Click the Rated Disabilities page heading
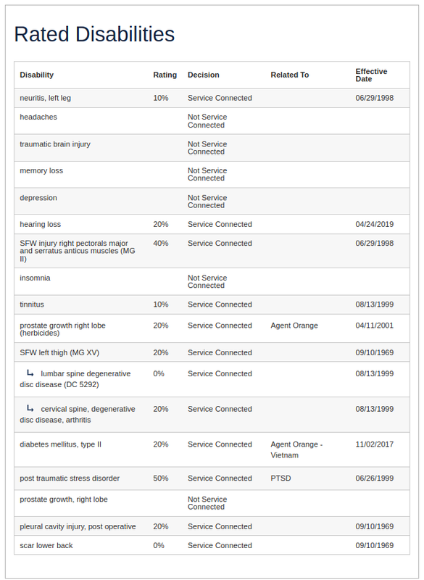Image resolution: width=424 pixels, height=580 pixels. click(x=94, y=34)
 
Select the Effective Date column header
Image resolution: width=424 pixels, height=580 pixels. click(x=371, y=75)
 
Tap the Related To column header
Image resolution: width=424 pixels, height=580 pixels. click(x=290, y=75)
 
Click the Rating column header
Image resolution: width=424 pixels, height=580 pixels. click(x=165, y=75)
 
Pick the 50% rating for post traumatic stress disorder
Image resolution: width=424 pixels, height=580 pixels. click(x=160, y=478)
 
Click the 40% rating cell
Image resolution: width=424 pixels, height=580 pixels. click(x=160, y=244)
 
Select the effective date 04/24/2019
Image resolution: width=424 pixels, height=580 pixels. click(x=374, y=225)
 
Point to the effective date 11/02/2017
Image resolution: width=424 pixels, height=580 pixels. click(x=374, y=444)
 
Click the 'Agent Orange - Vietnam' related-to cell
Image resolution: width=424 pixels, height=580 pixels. click(x=296, y=449)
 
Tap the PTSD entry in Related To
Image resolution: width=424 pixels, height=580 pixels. click(x=280, y=478)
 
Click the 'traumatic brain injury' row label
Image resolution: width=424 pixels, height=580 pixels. click(x=55, y=144)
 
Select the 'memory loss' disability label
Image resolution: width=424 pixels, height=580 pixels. click(x=41, y=171)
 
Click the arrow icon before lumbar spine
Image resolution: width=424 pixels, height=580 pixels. click(x=30, y=373)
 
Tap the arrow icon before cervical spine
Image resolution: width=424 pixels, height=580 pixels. click(x=30, y=409)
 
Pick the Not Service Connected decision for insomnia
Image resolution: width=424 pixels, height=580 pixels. click(x=207, y=281)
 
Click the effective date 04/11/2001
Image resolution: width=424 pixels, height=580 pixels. click(x=374, y=326)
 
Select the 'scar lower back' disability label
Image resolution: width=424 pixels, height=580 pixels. click(x=46, y=545)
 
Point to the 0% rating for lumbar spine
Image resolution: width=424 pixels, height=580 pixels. click(x=159, y=374)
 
